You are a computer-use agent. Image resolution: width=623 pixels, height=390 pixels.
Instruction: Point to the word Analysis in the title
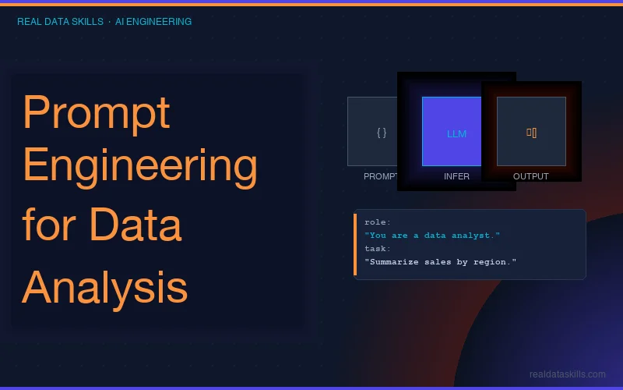click(x=104, y=287)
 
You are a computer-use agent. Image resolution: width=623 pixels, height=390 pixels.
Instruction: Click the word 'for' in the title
click(x=49, y=225)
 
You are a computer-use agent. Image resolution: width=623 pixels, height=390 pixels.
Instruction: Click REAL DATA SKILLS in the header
click(x=60, y=22)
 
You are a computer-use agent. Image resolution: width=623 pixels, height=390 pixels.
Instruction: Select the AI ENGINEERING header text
click(x=153, y=22)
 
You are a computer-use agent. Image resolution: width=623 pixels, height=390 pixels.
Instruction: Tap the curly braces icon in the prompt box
click(x=381, y=133)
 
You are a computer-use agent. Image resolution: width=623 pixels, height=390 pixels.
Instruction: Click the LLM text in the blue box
click(x=456, y=133)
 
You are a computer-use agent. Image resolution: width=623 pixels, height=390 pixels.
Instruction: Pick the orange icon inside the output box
click(x=531, y=133)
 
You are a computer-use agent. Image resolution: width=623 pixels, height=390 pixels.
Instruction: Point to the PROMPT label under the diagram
click(x=380, y=176)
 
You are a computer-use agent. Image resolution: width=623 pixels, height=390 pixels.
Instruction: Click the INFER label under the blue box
click(x=456, y=176)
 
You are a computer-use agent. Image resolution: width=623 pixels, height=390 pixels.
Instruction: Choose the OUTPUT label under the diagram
click(x=531, y=176)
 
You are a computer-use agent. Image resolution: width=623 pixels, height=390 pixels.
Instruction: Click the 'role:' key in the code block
click(x=378, y=222)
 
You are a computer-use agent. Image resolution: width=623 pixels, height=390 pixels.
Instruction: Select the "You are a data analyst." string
click(x=432, y=236)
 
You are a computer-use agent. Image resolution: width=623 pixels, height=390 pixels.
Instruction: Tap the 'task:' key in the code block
click(x=378, y=249)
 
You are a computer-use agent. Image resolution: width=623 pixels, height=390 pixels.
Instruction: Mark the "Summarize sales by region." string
click(x=440, y=262)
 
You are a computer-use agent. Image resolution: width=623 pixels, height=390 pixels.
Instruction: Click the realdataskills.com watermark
click(x=567, y=374)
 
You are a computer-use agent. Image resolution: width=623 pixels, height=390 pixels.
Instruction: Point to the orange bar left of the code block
click(x=355, y=243)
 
